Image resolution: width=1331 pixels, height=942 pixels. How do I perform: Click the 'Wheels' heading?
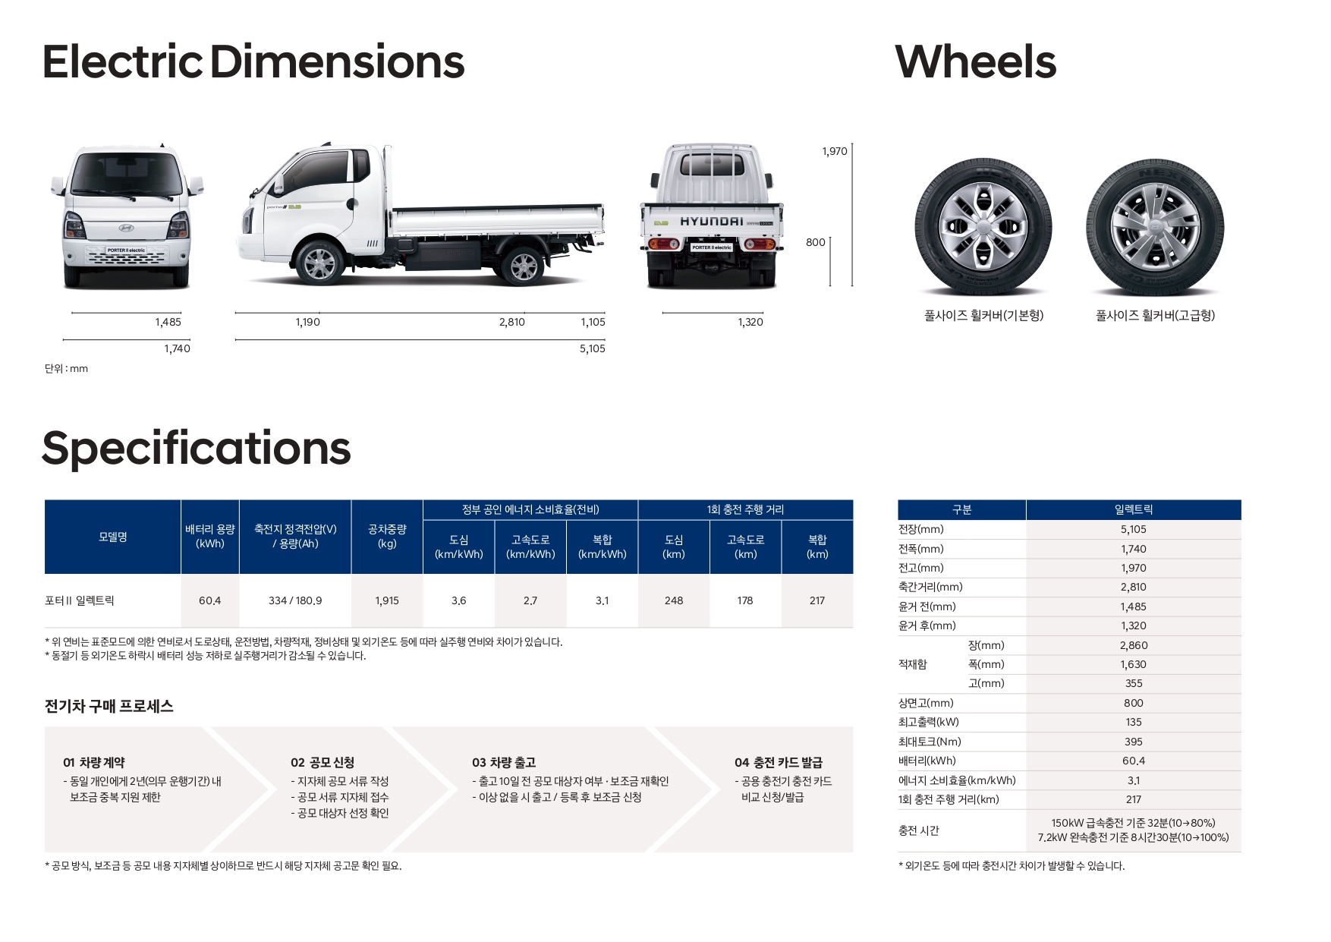coord(975,62)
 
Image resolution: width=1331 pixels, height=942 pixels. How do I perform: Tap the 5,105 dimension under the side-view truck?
coord(592,349)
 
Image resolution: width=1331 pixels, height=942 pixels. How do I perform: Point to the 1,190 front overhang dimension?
coord(307,323)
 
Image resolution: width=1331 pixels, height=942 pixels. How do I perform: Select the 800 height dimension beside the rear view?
coord(815,243)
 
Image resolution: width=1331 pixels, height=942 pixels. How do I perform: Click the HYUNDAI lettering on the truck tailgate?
coord(711,222)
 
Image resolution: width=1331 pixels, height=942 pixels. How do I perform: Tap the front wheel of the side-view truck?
coord(319,263)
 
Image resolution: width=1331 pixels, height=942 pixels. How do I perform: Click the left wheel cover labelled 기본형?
coord(983,226)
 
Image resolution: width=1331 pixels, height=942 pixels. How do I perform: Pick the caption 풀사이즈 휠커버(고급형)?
coord(1155,316)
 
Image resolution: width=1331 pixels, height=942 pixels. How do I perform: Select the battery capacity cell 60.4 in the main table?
coord(209,600)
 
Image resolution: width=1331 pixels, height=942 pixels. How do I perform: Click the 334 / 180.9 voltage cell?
coord(295,600)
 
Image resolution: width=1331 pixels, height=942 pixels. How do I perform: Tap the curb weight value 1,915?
coord(387,600)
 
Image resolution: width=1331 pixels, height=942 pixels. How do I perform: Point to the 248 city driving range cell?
coord(674,600)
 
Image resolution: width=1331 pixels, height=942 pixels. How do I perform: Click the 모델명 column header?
coord(113,537)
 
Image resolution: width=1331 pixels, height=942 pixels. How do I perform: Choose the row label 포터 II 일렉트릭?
coord(80,600)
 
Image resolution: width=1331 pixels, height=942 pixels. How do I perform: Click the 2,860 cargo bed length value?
coord(1134,645)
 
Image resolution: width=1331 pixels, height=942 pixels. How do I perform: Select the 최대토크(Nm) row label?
coord(930,742)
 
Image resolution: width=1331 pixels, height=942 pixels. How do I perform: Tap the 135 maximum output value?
coord(1134,722)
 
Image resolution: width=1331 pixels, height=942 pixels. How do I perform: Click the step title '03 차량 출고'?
coord(503,762)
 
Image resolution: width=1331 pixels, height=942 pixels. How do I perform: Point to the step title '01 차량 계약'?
coord(94,762)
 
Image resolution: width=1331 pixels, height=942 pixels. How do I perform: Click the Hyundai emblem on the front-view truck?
coord(126,228)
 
